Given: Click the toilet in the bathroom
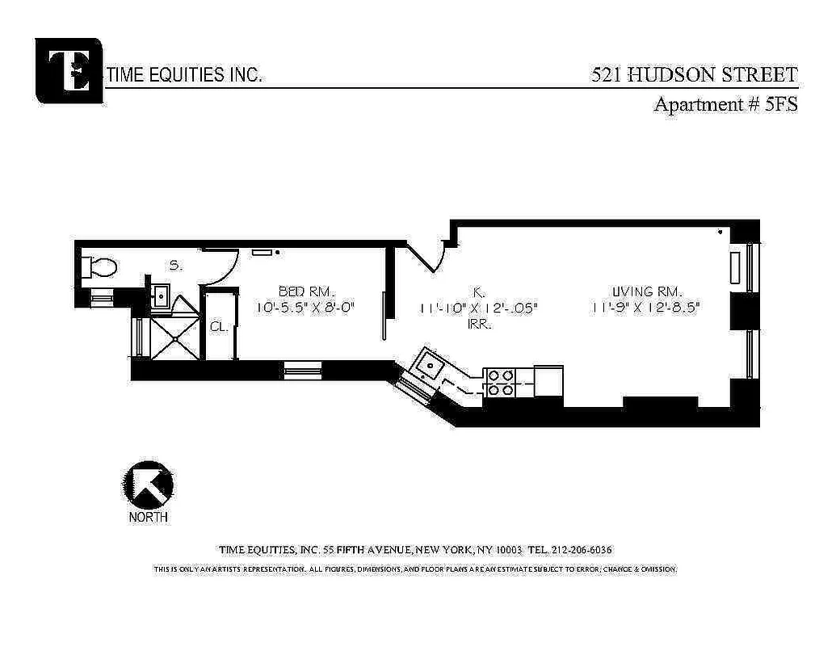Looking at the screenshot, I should pos(102,266).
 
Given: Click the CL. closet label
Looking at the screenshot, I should pos(218,327).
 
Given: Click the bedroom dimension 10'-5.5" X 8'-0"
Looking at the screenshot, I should pos(306,307).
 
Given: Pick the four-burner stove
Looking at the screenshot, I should pos(500,382).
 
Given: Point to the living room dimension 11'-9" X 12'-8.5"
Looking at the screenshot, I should pos(645,307).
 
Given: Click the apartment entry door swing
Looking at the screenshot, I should pos(427,257).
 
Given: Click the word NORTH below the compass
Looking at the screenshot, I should pos(148,517).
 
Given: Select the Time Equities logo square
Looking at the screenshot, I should pos(69,70).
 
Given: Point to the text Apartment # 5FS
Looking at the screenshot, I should pos(725,103).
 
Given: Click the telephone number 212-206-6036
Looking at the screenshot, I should pos(582,550).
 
